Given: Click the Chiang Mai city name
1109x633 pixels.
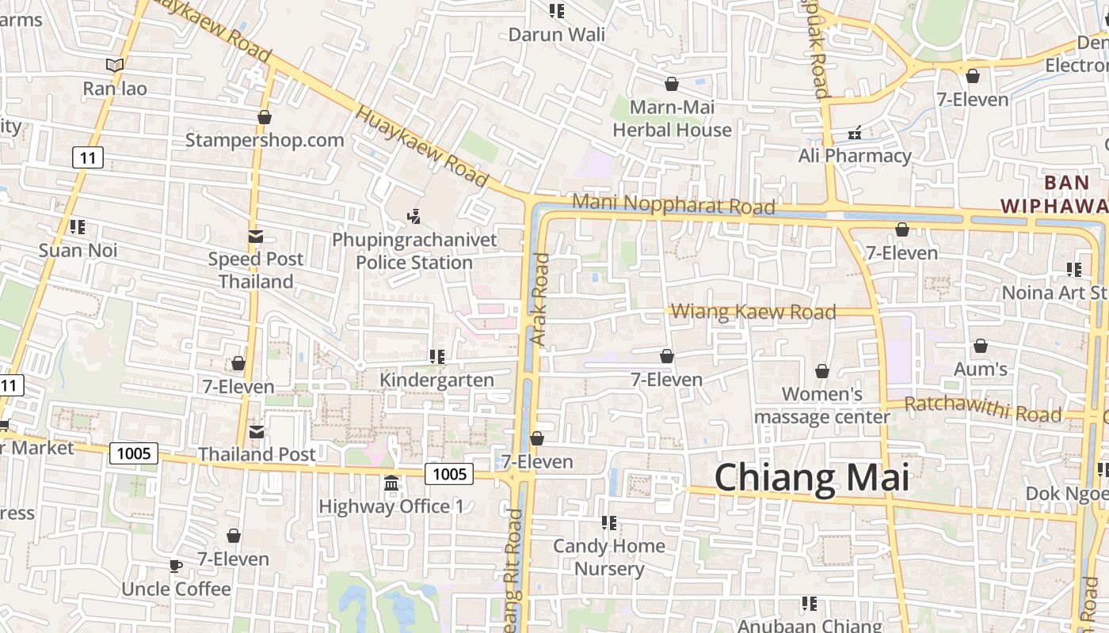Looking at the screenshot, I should [x=812, y=478].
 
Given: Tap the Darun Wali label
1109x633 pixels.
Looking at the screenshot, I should [x=556, y=35].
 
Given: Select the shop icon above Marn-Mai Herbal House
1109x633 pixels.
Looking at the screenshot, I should [x=672, y=84].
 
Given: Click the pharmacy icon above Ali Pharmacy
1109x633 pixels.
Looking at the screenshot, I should [x=855, y=133].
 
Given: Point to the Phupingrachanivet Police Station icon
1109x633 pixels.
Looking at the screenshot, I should [x=413, y=215].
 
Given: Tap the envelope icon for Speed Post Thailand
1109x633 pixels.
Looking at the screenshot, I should [x=255, y=236].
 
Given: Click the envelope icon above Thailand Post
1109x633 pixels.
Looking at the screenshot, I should [x=257, y=432].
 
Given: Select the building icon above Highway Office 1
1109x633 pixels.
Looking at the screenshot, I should [x=391, y=483].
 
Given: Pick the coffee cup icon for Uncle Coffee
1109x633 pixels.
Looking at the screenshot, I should [x=175, y=566].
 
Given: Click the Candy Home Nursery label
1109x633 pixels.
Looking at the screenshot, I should [x=609, y=557].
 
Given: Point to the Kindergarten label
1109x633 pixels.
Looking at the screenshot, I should [x=436, y=380].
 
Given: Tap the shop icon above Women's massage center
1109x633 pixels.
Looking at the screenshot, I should [x=822, y=371].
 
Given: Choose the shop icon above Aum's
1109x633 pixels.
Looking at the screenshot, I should [x=981, y=346].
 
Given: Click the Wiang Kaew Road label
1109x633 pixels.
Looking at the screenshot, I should [x=753, y=312].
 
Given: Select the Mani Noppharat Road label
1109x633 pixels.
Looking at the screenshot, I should [x=673, y=204].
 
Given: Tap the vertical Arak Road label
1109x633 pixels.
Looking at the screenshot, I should [x=539, y=299].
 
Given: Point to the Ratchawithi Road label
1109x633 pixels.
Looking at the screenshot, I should [x=982, y=409].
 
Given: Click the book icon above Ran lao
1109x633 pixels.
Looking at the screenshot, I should [x=115, y=65].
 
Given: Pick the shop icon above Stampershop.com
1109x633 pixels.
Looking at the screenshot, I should [x=265, y=118].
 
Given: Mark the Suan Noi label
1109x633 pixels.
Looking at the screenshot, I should [x=78, y=251].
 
